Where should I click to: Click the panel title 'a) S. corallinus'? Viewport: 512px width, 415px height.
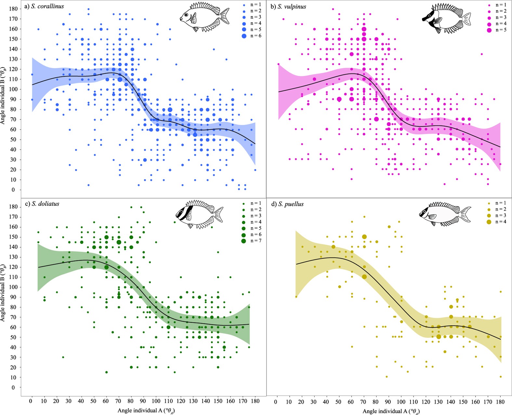point(44,6)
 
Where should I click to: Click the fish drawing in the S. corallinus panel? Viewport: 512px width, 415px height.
point(204,17)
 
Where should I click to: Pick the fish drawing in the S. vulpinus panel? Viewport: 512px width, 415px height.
point(446,18)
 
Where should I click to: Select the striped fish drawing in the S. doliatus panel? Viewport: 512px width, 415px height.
point(199,214)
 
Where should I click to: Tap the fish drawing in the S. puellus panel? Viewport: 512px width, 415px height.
point(444,214)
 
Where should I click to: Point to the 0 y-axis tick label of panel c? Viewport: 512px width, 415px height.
point(13,387)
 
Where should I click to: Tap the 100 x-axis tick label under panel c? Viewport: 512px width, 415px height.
point(156,401)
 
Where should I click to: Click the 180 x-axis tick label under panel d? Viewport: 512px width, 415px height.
point(500,402)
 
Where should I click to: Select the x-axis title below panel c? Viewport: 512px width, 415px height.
point(146,410)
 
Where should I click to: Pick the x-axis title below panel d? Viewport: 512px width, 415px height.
point(391,411)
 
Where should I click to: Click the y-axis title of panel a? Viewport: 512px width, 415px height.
point(3,96)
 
